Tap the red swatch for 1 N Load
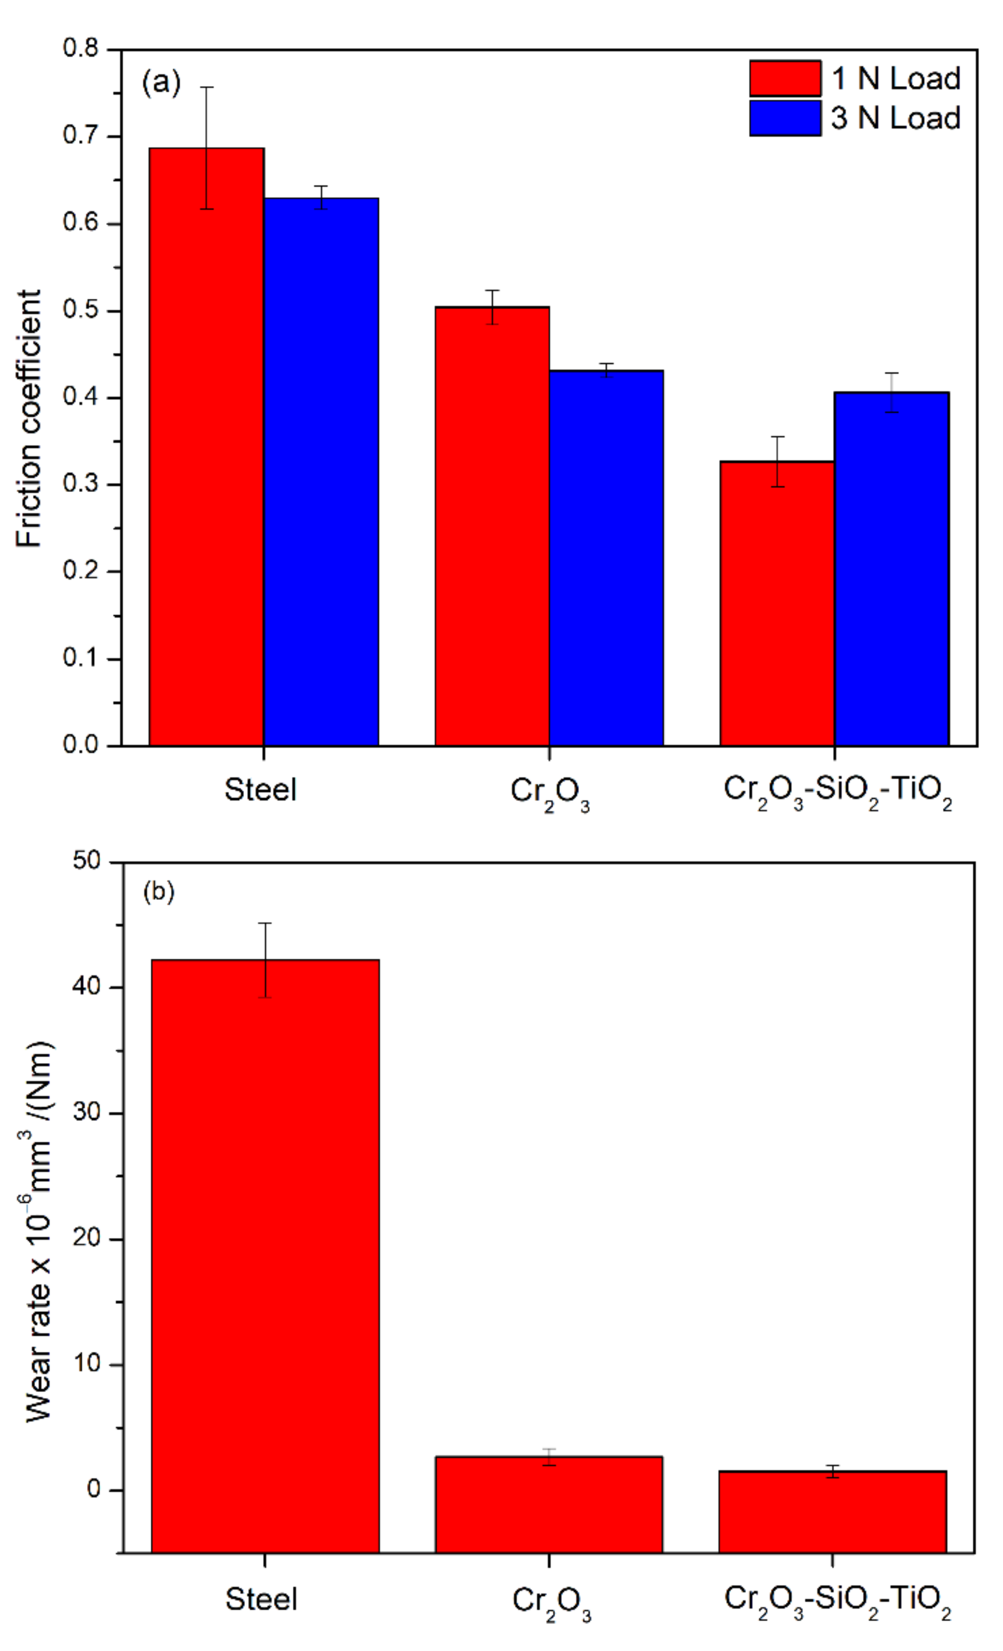point(785,79)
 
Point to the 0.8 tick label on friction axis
point(81,48)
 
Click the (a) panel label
point(162,83)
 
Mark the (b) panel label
point(159,892)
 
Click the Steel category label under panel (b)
point(261,1599)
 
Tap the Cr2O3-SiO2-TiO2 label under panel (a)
point(837,791)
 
